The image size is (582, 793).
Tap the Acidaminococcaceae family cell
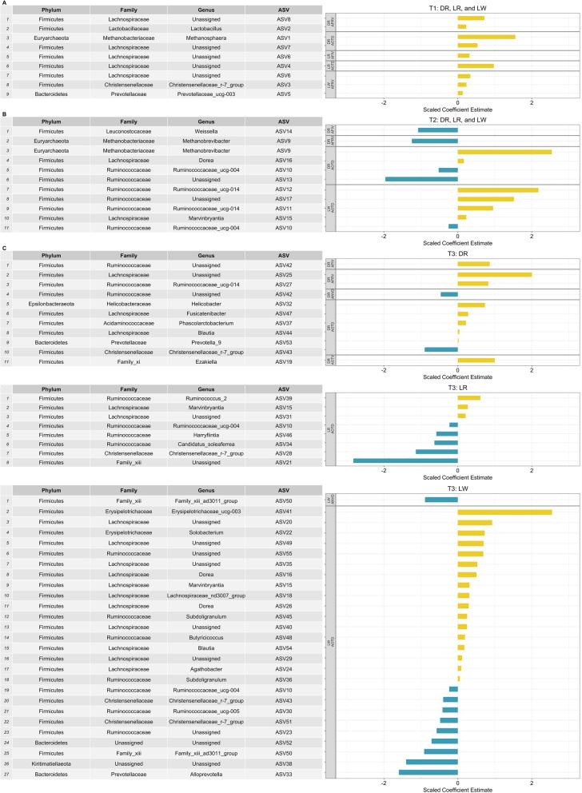point(117,323)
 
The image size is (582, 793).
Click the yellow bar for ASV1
point(486,37)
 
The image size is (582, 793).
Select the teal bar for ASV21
point(405,461)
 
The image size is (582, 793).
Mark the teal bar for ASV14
point(437,130)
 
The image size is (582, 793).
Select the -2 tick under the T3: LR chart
point(385,471)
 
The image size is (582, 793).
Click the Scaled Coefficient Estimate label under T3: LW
point(457,787)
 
